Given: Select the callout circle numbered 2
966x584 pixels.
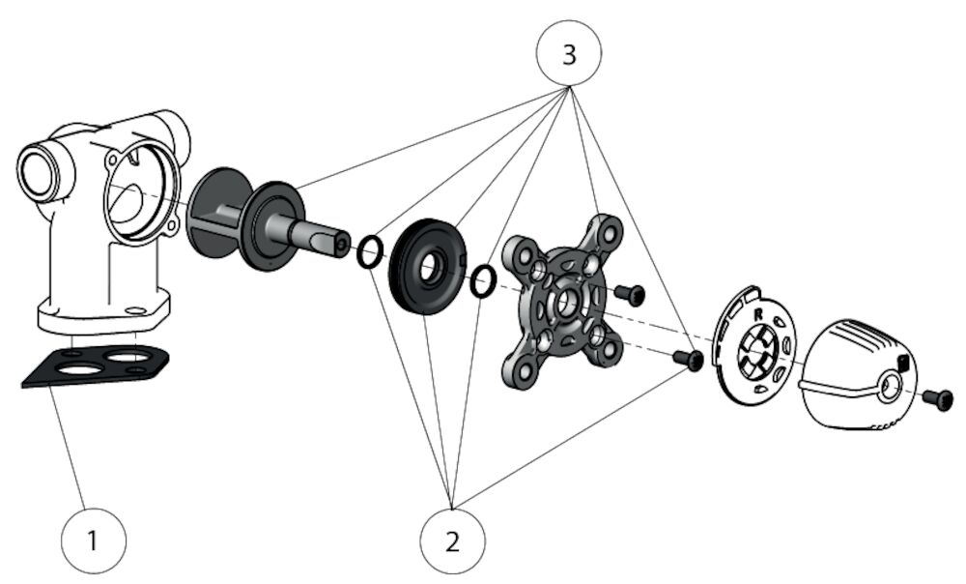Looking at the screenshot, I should pyautogui.click(x=453, y=540).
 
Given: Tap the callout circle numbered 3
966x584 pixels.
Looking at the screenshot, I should pyautogui.click(x=569, y=54).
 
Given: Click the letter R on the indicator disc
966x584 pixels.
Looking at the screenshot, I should pyautogui.click(x=758, y=315).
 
